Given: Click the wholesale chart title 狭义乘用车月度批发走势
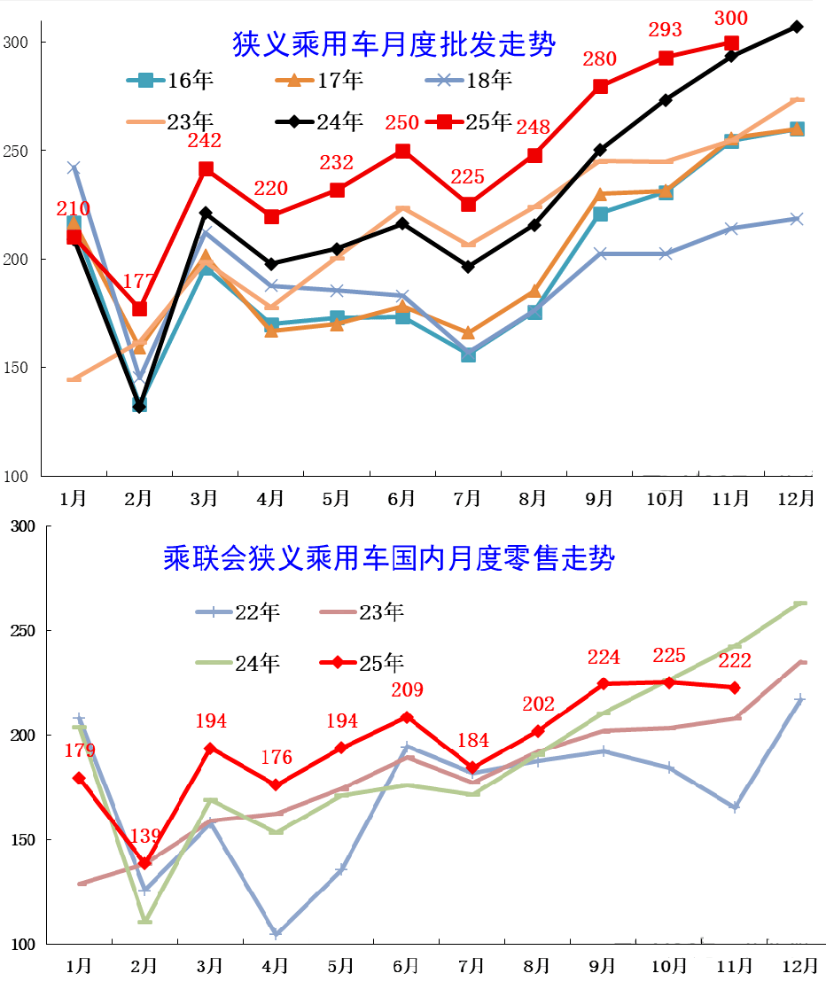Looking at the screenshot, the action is point(394,44).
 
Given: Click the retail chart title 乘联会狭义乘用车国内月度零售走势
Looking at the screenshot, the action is point(389,557).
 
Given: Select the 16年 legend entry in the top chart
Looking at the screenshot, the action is point(170,80).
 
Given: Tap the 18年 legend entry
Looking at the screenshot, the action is point(469,80).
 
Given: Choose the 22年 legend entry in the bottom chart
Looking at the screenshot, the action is point(238,611).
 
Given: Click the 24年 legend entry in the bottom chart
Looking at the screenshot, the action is point(238,663).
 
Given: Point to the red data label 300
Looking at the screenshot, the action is point(730,18).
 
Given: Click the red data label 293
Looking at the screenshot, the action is point(665,29).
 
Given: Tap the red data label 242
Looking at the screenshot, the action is point(205,140).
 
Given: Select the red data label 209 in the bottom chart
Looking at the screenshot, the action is point(407,689).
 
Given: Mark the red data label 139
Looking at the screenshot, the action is point(145,836).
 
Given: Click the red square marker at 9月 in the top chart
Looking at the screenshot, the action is point(600,87).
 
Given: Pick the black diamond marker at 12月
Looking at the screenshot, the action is point(797,27).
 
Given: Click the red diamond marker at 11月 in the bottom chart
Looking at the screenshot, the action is point(735,688).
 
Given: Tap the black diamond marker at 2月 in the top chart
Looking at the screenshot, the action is point(139,406).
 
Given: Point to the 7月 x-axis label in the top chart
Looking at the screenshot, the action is point(467,499).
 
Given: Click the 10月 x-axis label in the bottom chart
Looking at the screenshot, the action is point(668,966).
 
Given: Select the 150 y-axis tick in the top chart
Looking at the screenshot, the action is point(16,368).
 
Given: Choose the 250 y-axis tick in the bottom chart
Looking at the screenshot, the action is point(23,631).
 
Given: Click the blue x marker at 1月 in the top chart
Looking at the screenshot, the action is point(74,167).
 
